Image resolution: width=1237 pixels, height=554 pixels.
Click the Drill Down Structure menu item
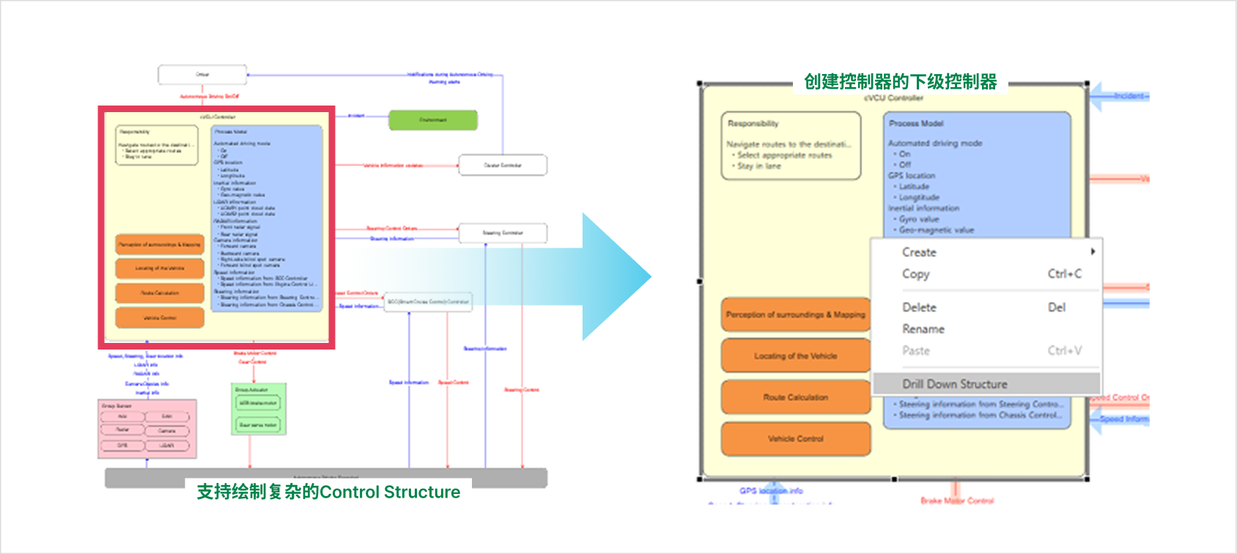click(x=954, y=384)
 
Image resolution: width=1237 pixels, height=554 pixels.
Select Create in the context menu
click(x=919, y=252)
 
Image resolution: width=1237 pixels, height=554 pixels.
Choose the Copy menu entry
click(x=916, y=274)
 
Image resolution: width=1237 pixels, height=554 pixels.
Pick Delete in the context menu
click(x=919, y=308)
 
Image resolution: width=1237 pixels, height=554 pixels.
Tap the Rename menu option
click(x=923, y=329)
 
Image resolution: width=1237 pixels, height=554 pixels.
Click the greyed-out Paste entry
click(x=916, y=351)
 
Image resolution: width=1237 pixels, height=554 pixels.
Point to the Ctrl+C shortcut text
click(x=1064, y=274)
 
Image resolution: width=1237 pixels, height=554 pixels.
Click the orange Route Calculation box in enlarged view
click(x=796, y=397)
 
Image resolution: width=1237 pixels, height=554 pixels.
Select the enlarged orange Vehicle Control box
click(x=796, y=439)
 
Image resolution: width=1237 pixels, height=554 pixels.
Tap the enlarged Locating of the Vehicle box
click(x=796, y=356)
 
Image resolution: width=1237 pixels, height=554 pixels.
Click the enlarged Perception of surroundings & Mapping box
click(x=796, y=314)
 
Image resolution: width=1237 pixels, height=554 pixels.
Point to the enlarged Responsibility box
click(x=791, y=146)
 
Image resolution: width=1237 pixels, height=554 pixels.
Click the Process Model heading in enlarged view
click(x=916, y=124)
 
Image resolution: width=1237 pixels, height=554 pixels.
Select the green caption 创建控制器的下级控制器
click(x=900, y=81)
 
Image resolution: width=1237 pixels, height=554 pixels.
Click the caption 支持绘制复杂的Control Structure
click(x=328, y=492)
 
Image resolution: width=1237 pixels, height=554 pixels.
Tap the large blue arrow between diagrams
click(x=612, y=277)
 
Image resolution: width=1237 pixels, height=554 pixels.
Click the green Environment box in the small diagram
click(x=432, y=120)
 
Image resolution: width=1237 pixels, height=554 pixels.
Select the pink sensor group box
click(x=147, y=429)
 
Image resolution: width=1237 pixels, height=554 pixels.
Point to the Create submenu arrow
click(x=1093, y=251)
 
